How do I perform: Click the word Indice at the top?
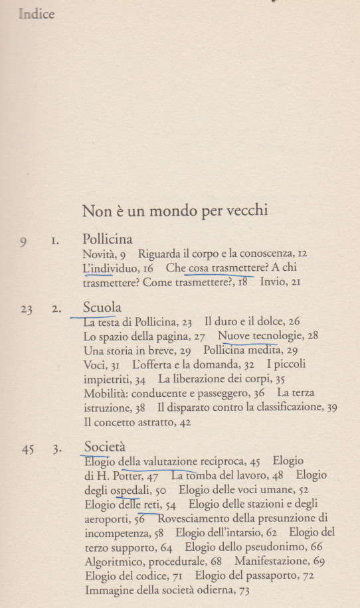(37, 15)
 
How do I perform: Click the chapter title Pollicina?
(108, 239)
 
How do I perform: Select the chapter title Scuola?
(102, 308)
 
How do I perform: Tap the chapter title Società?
(105, 447)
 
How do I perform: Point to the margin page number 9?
(23, 242)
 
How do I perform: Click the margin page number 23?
(27, 310)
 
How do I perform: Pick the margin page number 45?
(27, 449)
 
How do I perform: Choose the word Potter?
(136, 476)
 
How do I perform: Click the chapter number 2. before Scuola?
(56, 310)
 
